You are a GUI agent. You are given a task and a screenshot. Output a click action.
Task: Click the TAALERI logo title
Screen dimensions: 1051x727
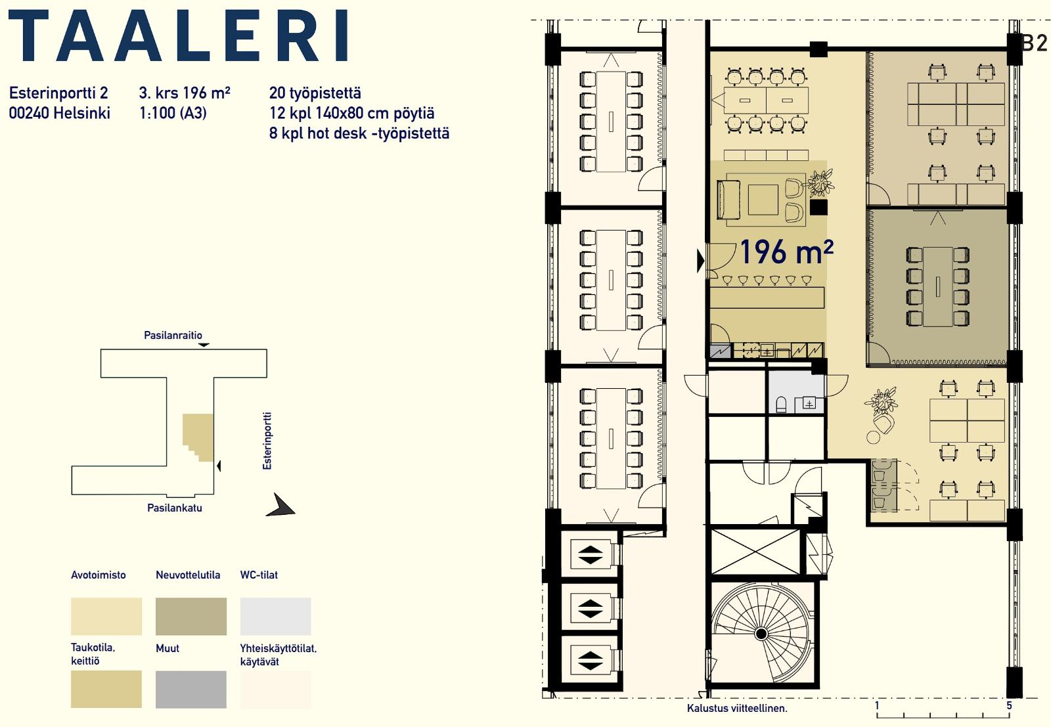[178, 35]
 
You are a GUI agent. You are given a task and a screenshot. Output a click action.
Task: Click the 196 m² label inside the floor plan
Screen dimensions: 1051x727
[786, 252]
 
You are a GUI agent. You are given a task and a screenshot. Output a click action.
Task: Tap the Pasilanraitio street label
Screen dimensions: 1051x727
[173, 336]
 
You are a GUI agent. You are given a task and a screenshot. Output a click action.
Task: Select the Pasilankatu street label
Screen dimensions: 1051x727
[175, 508]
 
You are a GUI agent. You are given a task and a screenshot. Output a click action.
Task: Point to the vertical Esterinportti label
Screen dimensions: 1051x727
[267, 441]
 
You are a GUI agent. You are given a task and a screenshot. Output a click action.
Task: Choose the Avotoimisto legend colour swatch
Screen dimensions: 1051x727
[106, 616]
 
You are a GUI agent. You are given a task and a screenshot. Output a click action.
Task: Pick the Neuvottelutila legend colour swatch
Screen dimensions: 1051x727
[191, 616]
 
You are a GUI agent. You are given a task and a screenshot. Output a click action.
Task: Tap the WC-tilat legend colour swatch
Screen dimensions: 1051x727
[275, 616]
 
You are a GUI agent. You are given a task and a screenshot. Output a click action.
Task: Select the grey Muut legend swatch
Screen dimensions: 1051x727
[191, 689]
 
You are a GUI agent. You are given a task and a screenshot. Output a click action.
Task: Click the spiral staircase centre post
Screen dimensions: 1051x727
[761, 634]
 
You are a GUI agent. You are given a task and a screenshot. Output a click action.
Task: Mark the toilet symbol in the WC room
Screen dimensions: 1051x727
[781, 405]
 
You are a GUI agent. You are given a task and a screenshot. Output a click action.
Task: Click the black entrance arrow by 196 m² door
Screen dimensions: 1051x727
[700, 261]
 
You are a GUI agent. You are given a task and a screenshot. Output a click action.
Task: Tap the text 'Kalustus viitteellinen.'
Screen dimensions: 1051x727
[737, 708]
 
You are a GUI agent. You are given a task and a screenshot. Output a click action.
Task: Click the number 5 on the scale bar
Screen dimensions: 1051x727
[1009, 705]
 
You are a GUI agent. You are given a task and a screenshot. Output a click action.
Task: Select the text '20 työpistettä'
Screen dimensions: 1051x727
[315, 93]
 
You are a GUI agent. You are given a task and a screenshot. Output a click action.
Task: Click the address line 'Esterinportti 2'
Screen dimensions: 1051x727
[58, 93]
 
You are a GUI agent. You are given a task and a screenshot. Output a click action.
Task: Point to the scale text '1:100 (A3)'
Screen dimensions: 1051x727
[173, 113]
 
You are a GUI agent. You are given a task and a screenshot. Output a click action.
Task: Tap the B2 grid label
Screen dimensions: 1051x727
[1035, 43]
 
